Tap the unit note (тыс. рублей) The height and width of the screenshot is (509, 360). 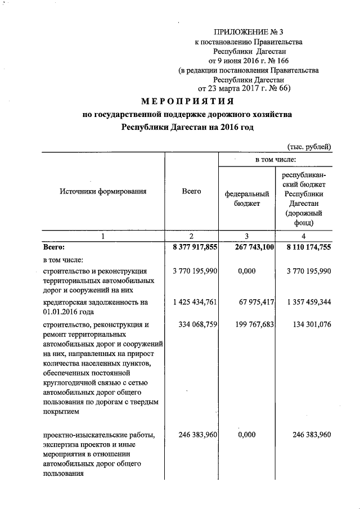coord(309,147)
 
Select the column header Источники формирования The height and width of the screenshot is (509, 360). coord(103,191)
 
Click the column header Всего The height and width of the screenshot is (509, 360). coord(191,191)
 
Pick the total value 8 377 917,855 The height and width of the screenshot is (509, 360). coord(191,246)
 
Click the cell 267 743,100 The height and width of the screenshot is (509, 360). coord(248,246)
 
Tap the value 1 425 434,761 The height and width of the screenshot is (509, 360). coord(191,302)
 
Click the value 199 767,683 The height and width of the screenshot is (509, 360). coord(248,325)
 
